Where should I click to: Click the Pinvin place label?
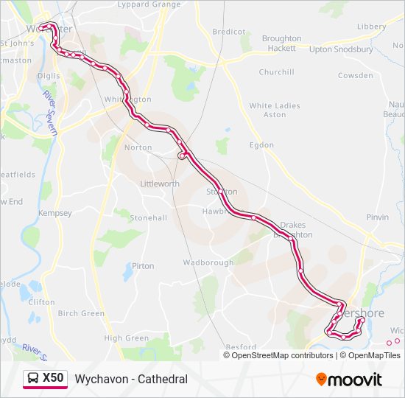click(377, 217)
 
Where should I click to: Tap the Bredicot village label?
click(228, 32)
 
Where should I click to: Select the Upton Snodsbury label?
click(341, 49)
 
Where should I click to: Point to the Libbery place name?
click(371, 27)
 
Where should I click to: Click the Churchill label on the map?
click(276, 72)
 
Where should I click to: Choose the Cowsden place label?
click(355, 75)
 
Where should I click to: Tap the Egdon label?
click(261, 145)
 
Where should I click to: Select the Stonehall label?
click(148, 218)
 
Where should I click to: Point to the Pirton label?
click(143, 266)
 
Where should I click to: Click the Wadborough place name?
click(208, 262)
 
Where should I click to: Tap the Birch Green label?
click(81, 313)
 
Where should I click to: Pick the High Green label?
click(127, 338)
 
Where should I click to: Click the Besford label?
click(241, 346)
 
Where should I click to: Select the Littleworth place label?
click(159, 184)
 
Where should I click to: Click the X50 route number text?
click(53, 378)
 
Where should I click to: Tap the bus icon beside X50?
click(33, 379)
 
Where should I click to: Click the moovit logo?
click(349, 380)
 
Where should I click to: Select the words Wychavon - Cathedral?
click(131, 380)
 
